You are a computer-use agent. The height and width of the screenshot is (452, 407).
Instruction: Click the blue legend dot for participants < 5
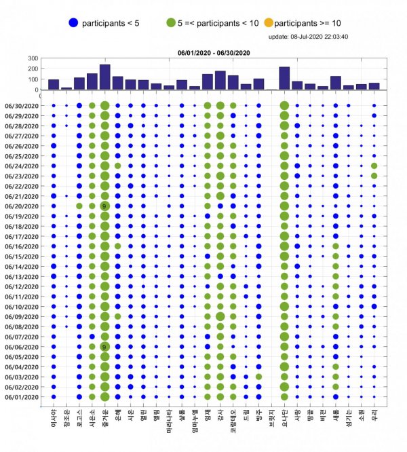[73, 23]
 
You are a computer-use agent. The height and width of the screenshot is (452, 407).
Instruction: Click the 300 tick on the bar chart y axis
[33, 58]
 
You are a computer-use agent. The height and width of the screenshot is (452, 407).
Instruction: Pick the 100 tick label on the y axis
[33, 79]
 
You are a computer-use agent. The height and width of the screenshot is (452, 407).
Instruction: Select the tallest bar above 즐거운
[104, 77]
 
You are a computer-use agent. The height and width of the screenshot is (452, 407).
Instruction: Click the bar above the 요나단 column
[284, 78]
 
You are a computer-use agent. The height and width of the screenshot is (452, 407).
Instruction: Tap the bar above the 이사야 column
[53, 84]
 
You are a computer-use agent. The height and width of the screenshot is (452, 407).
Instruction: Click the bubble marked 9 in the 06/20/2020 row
[104, 206]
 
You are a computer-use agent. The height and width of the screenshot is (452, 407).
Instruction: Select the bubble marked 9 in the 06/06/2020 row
[104, 346]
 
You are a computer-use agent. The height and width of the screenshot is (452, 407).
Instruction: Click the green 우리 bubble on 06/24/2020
[374, 166]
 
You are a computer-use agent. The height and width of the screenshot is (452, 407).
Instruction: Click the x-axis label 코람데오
[233, 419]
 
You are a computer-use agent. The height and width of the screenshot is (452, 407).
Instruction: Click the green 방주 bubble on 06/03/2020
[258, 377]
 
